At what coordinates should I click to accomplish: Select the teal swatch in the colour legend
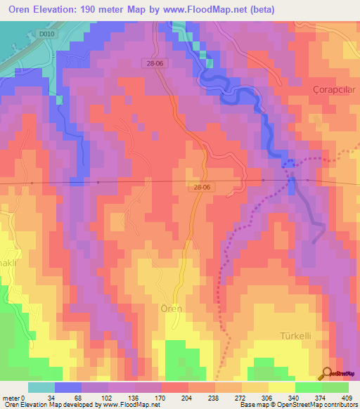41,387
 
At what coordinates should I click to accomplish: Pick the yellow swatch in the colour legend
281,387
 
